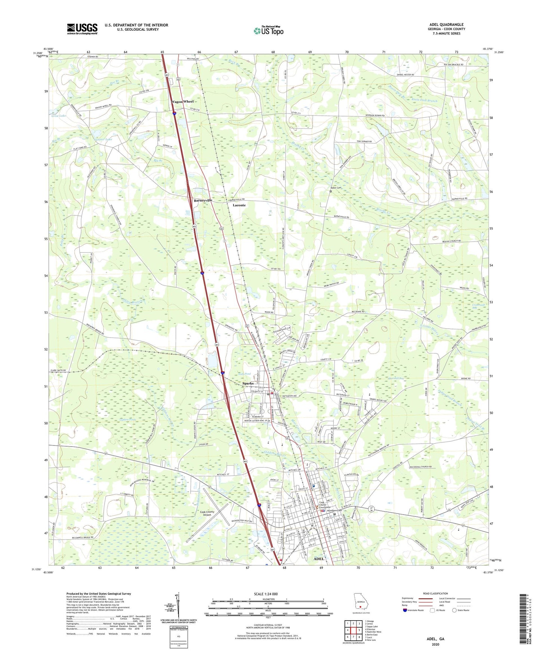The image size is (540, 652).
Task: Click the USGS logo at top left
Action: [82, 29]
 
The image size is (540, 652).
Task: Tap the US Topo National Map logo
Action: [268, 31]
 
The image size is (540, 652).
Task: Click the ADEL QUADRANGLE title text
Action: [446, 25]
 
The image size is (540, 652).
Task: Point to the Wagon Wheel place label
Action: [182, 102]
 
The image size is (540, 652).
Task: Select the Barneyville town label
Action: [203, 201]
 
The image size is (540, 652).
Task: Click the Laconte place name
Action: [239, 205]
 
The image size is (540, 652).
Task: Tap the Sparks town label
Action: [248, 384]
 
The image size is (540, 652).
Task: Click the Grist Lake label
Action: [59, 116]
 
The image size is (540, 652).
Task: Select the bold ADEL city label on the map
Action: [319, 559]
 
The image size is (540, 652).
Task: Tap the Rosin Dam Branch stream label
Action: [424, 101]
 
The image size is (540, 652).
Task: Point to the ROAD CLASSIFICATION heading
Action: [435, 593]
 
